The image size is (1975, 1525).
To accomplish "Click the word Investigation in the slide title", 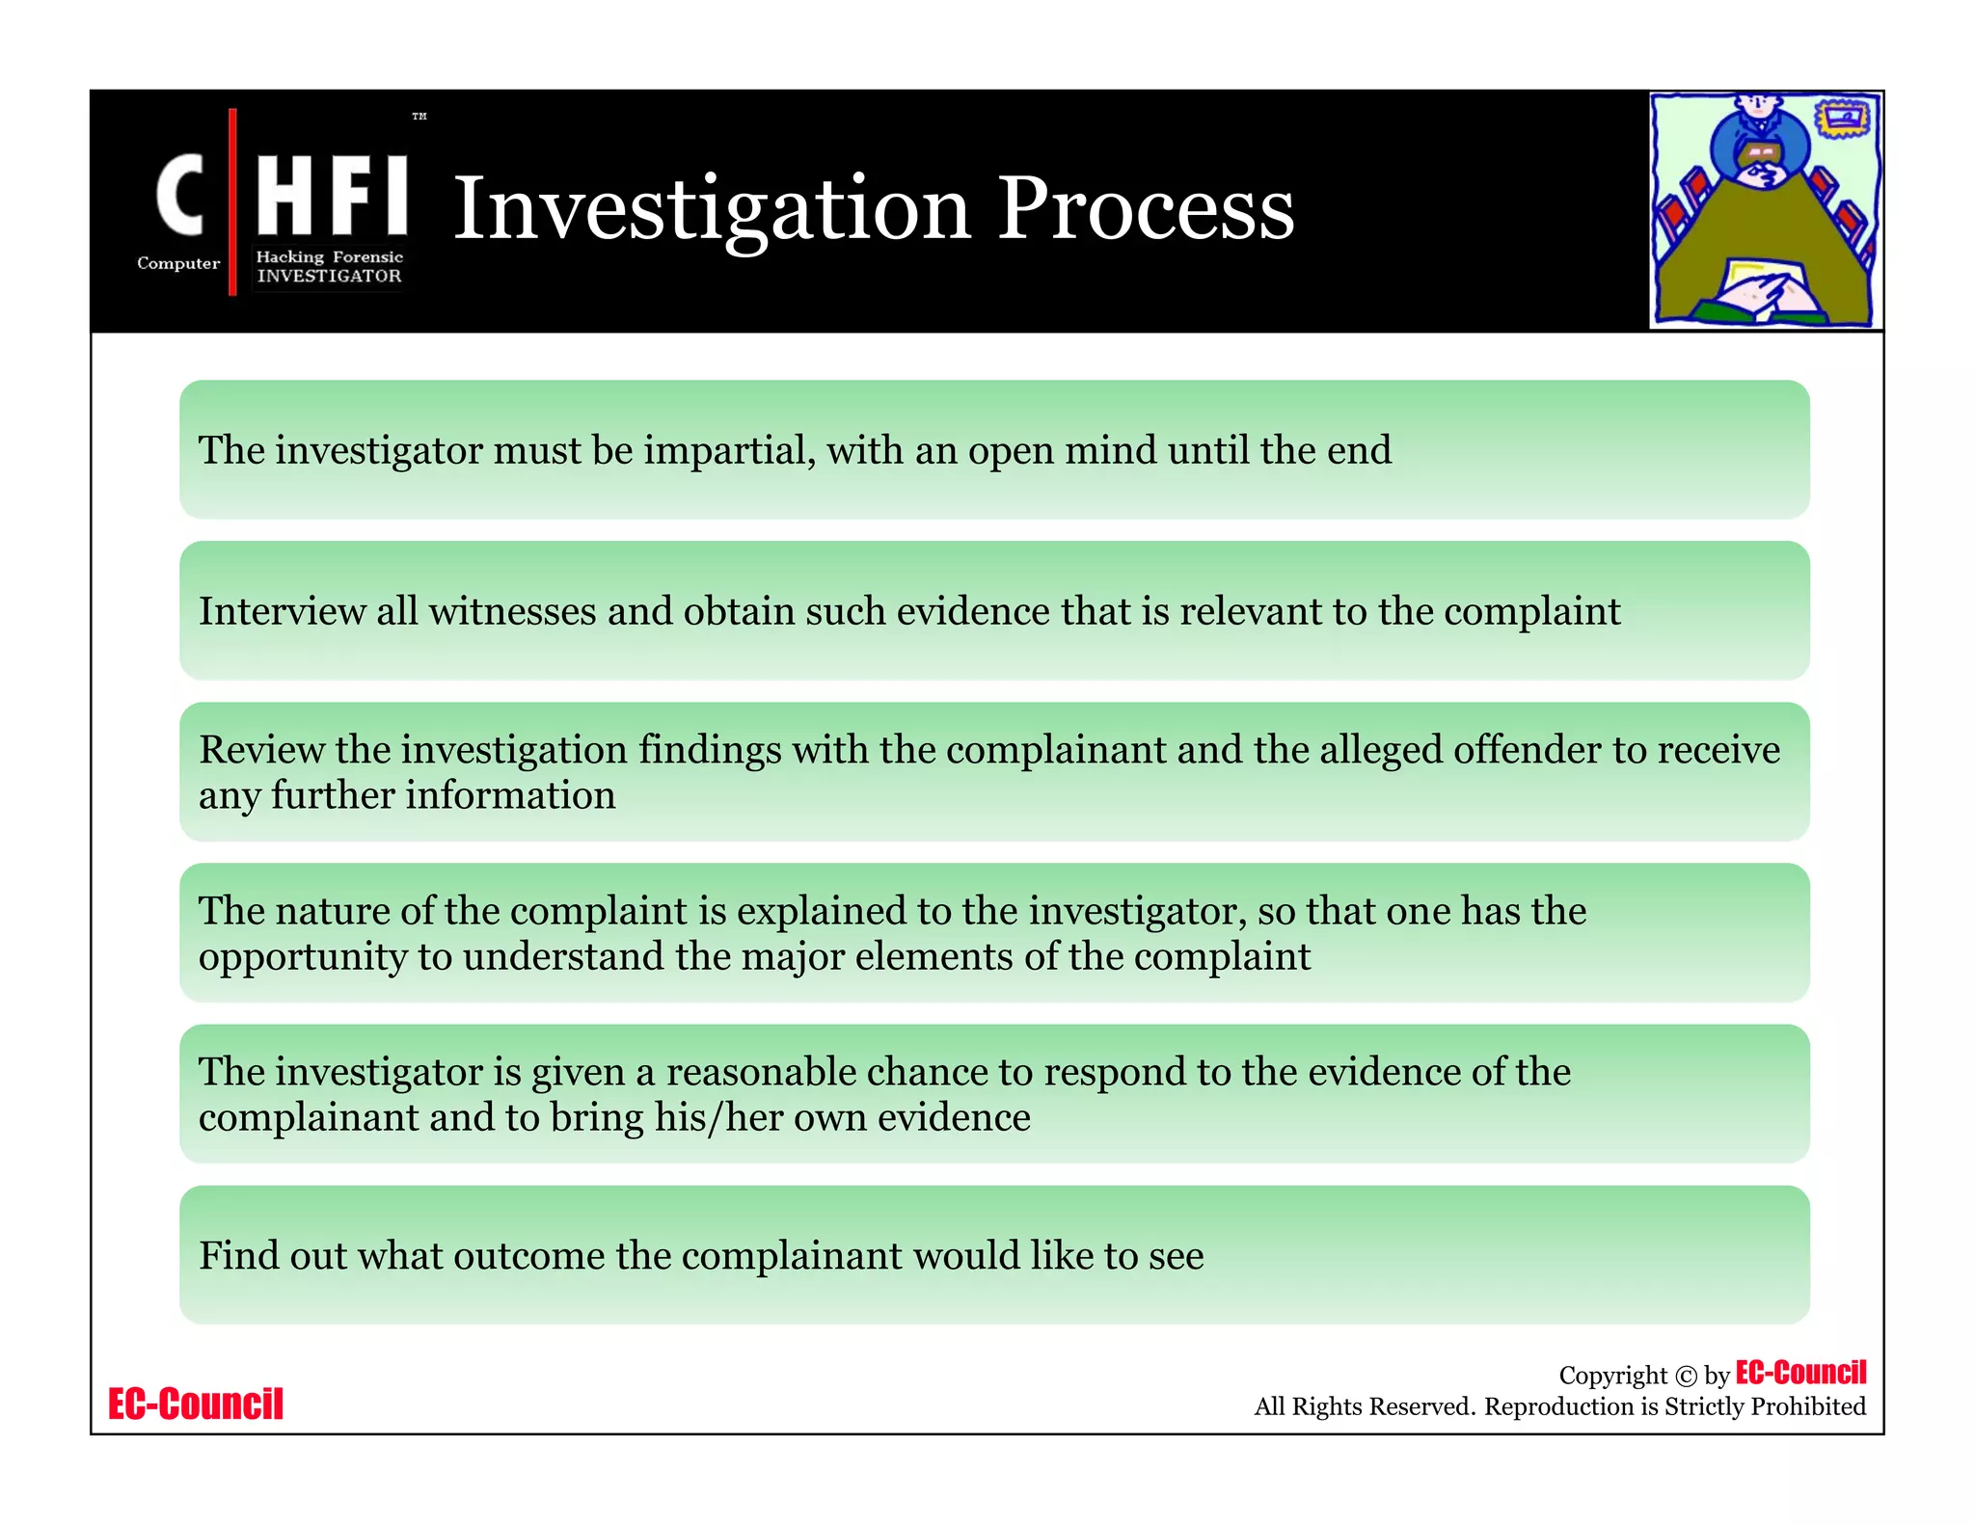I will (x=712, y=209).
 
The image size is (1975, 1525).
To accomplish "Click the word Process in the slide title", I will (x=1145, y=209).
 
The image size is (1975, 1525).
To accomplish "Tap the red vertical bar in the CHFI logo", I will (x=232, y=201).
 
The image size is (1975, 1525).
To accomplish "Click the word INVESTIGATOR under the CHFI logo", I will (x=329, y=276).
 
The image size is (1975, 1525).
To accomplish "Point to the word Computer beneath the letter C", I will (x=178, y=263).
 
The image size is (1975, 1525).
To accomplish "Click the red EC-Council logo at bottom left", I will (x=196, y=1404).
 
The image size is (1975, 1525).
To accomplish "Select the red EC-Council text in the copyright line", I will (x=1800, y=1372).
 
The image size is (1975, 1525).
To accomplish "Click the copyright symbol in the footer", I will (x=1686, y=1377).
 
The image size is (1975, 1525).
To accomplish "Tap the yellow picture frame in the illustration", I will (x=1845, y=120).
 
